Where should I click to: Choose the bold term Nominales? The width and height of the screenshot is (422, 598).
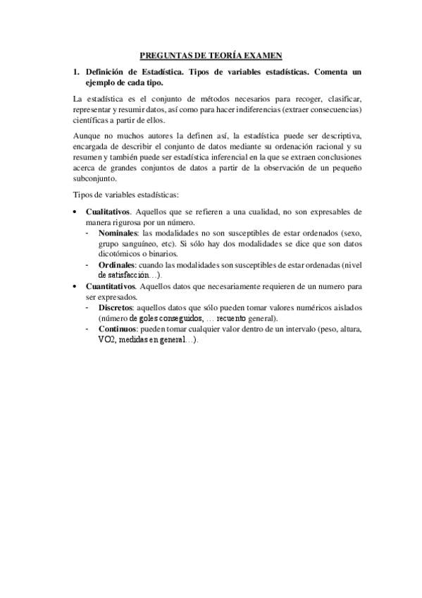click(x=118, y=232)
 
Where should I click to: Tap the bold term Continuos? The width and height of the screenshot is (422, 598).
click(x=118, y=329)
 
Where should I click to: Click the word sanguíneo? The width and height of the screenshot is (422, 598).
click(x=135, y=243)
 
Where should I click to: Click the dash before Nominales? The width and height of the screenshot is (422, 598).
click(x=87, y=232)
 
